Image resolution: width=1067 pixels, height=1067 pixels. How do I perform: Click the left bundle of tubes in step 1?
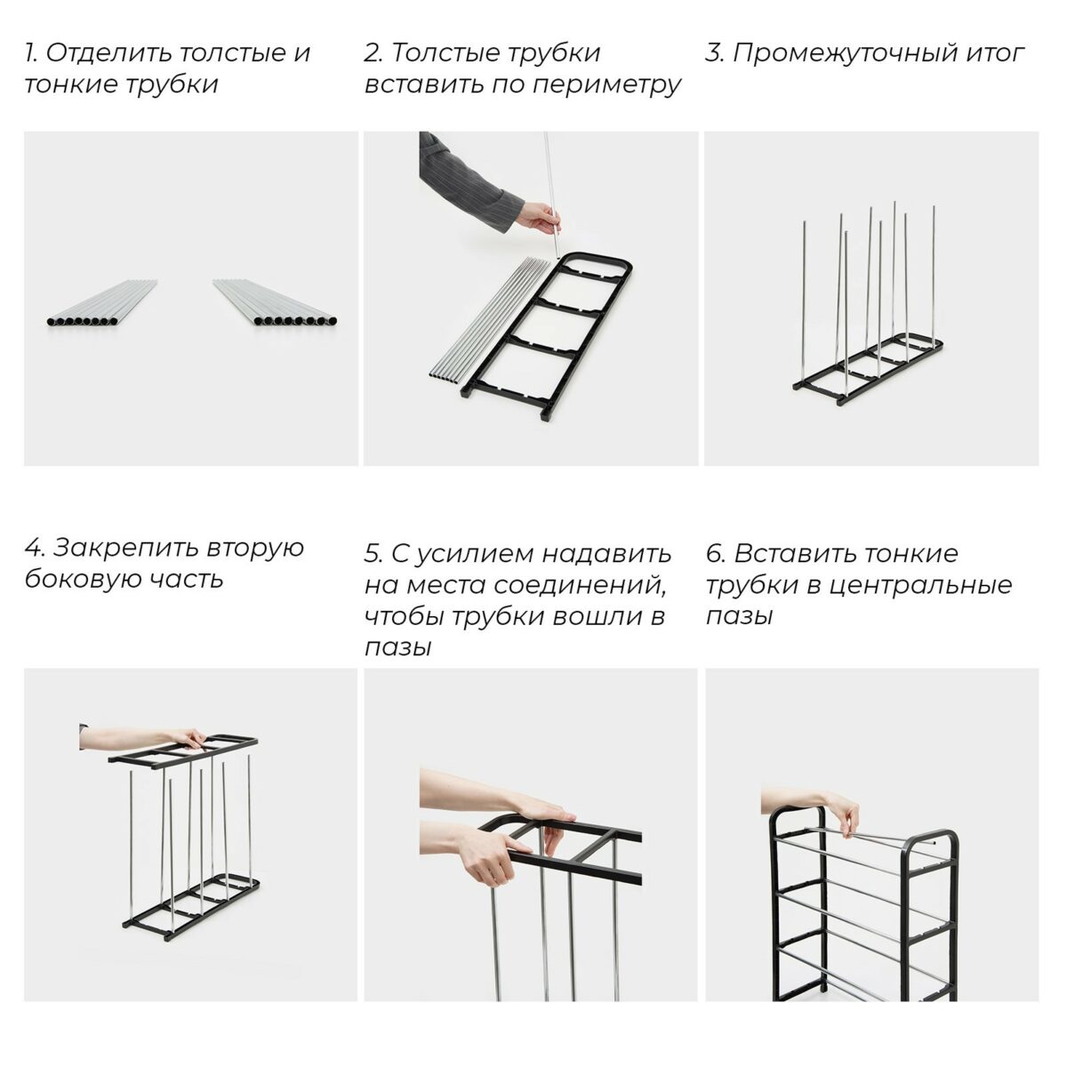coord(102,304)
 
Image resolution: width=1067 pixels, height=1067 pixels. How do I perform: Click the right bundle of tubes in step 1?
coord(276,304)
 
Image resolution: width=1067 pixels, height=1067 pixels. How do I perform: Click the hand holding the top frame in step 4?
coord(182,738)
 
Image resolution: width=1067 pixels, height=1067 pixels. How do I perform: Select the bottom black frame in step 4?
coord(191,907)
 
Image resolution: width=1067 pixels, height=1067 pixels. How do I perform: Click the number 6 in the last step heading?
coord(715,553)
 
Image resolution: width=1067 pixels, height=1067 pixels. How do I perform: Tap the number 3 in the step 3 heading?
coord(713,52)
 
